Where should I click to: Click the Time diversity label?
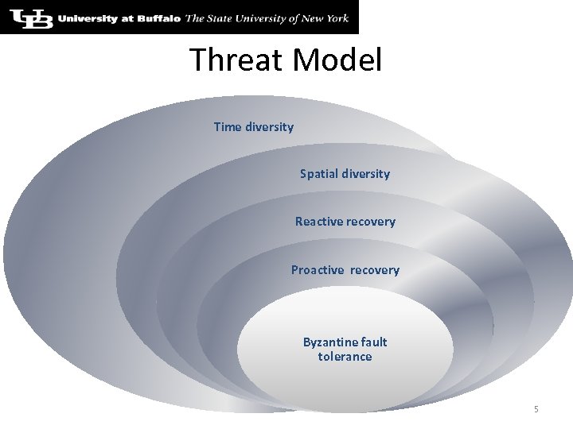tap(253, 127)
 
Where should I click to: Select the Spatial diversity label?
tap(345, 173)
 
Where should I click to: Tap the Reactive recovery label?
tap(345, 222)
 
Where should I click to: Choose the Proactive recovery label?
tap(345, 270)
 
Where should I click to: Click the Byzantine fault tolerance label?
tap(345, 350)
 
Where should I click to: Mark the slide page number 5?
tap(536, 409)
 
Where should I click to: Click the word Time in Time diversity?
tap(227, 127)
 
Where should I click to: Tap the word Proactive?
tap(318, 270)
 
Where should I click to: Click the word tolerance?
tap(345, 357)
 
